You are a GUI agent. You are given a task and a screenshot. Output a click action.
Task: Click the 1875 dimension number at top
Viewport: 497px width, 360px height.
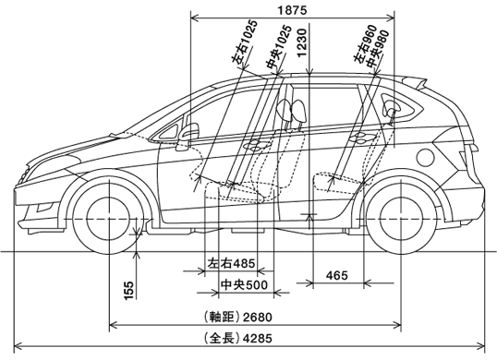click(x=292, y=10)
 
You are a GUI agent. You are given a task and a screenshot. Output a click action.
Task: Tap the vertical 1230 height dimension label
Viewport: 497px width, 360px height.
click(x=302, y=43)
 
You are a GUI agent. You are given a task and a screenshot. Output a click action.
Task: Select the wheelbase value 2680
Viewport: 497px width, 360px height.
click(x=258, y=318)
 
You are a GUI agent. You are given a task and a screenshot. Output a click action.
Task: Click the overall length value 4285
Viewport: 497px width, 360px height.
click(x=258, y=339)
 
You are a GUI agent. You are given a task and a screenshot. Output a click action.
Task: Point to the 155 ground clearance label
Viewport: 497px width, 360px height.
click(x=129, y=290)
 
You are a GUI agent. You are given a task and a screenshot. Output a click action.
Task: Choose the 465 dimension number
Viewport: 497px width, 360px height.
click(x=337, y=275)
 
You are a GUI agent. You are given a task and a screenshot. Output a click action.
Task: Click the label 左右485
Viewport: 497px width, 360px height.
click(x=231, y=263)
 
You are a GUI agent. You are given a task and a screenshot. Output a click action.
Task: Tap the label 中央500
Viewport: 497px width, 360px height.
click(x=244, y=284)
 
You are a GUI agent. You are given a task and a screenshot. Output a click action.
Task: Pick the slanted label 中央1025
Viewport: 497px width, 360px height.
click(x=279, y=46)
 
